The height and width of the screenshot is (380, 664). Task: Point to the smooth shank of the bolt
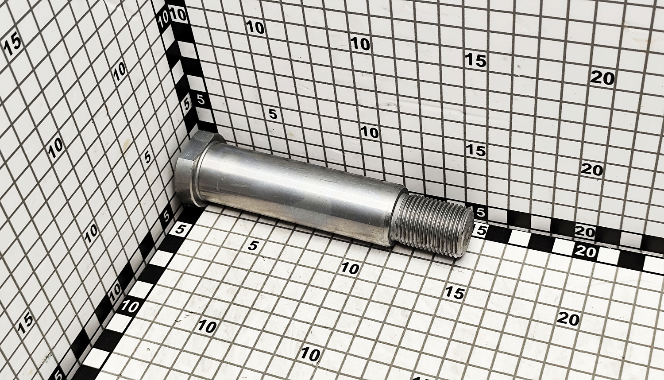[297, 196]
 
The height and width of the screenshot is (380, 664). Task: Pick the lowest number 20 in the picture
[568, 319]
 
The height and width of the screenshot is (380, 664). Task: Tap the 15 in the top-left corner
[13, 45]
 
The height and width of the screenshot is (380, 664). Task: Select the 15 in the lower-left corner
[26, 325]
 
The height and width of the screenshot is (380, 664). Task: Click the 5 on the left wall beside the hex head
[147, 157]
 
